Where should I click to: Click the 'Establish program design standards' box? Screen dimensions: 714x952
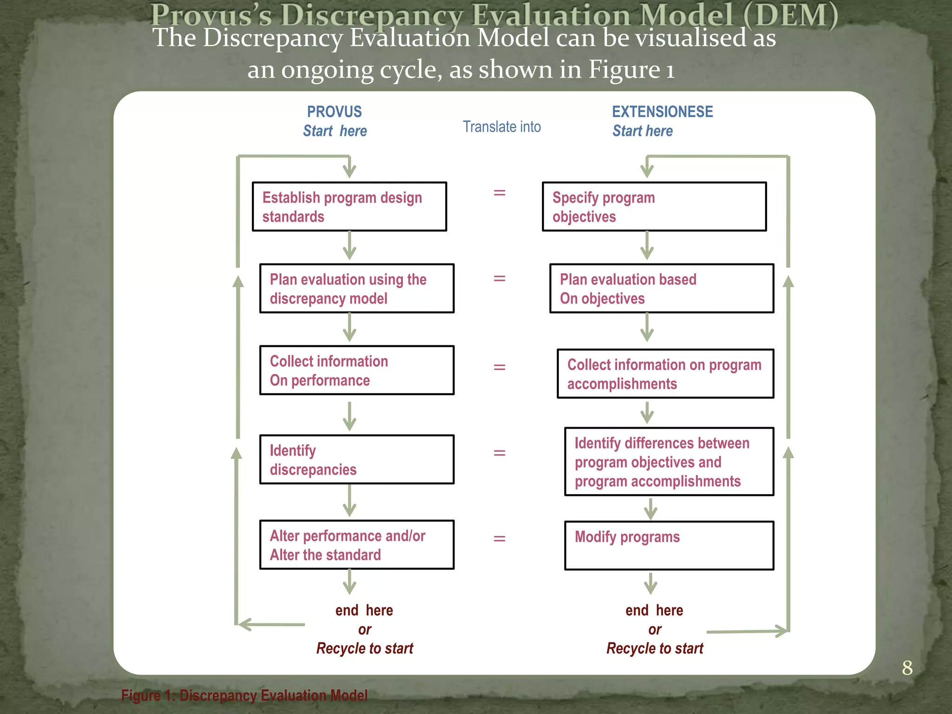tap(349, 206)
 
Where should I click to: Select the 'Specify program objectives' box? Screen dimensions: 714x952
tap(654, 206)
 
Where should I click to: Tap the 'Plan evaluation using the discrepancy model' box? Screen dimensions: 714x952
tap(357, 288)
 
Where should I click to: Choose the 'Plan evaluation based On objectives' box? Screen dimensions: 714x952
tap(661, 288)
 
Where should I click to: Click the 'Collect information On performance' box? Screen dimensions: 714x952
tap(357, 370)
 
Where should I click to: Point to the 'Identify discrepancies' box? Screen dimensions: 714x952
tap(357, 459)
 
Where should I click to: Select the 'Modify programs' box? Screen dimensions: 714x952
tap(669, 545)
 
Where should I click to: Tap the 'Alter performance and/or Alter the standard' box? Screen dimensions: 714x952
tap(357, 545)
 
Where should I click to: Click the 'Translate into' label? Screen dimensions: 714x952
tap(502, 126)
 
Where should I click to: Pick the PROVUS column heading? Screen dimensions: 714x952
tap(334, 112)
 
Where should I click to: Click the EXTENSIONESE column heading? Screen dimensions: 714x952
tap(662, 112)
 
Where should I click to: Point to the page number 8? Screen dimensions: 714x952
tap(907, 668)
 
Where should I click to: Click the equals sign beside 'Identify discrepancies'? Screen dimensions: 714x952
tap(499, 452)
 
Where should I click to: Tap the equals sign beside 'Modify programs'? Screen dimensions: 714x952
tap(499, 538)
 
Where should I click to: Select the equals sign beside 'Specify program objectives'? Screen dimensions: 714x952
tap(499, 192)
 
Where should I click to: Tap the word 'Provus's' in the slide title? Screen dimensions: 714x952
tap(211, 15)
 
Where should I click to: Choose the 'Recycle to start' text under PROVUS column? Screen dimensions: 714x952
tap(364, 648)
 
